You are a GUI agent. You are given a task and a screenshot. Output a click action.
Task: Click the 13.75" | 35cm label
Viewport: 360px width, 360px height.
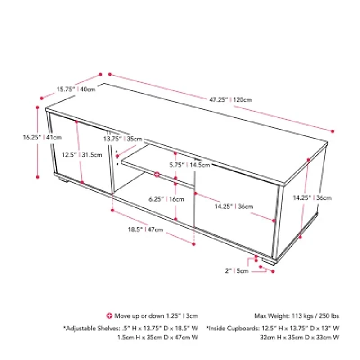click(x=122, y=139)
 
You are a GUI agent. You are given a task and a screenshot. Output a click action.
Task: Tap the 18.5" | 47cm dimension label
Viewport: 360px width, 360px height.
click(x=145, y=229)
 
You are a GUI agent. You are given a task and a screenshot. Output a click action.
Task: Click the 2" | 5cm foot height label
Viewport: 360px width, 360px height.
click(x=237, y=271)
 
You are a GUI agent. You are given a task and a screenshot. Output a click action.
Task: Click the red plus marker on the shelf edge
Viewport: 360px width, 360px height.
click(x=157, y=174)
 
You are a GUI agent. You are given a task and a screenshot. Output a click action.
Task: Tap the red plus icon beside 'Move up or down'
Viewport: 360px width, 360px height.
click(x=108, y=315)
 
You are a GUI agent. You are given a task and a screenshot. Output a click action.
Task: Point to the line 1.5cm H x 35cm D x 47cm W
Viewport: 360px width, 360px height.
click(x=157, y=337)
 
